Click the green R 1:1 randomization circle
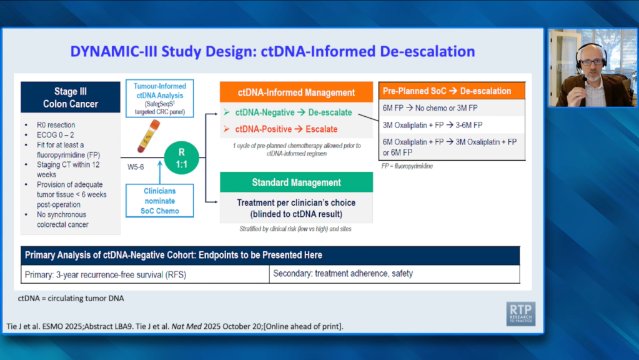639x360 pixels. click(x=181, y=157)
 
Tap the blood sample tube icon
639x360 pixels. click(x=148, y=136)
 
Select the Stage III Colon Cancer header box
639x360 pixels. click(x=71, y=97)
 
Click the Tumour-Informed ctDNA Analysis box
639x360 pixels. click(x=160, y=99)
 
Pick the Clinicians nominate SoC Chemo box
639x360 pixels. click(x=160, y=201)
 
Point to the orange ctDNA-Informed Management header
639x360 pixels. click(x=296, y=92)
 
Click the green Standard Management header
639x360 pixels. click(x=296, y=182)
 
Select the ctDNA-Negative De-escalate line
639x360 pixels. click(x=288, y=112)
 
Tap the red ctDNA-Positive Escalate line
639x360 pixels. click(x=280, y=129)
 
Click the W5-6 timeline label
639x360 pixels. click(x=136, y=167)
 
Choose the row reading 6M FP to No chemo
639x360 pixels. click(x=430, y=108)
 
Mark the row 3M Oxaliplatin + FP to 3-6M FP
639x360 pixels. click(x=432, y=125)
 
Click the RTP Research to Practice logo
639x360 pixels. click(x=521, y=314)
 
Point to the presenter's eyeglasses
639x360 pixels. click(x=592, y=62)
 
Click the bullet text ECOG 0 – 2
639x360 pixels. click(x=56, y=135)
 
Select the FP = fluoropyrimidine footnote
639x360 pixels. click(x=407, y=166)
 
